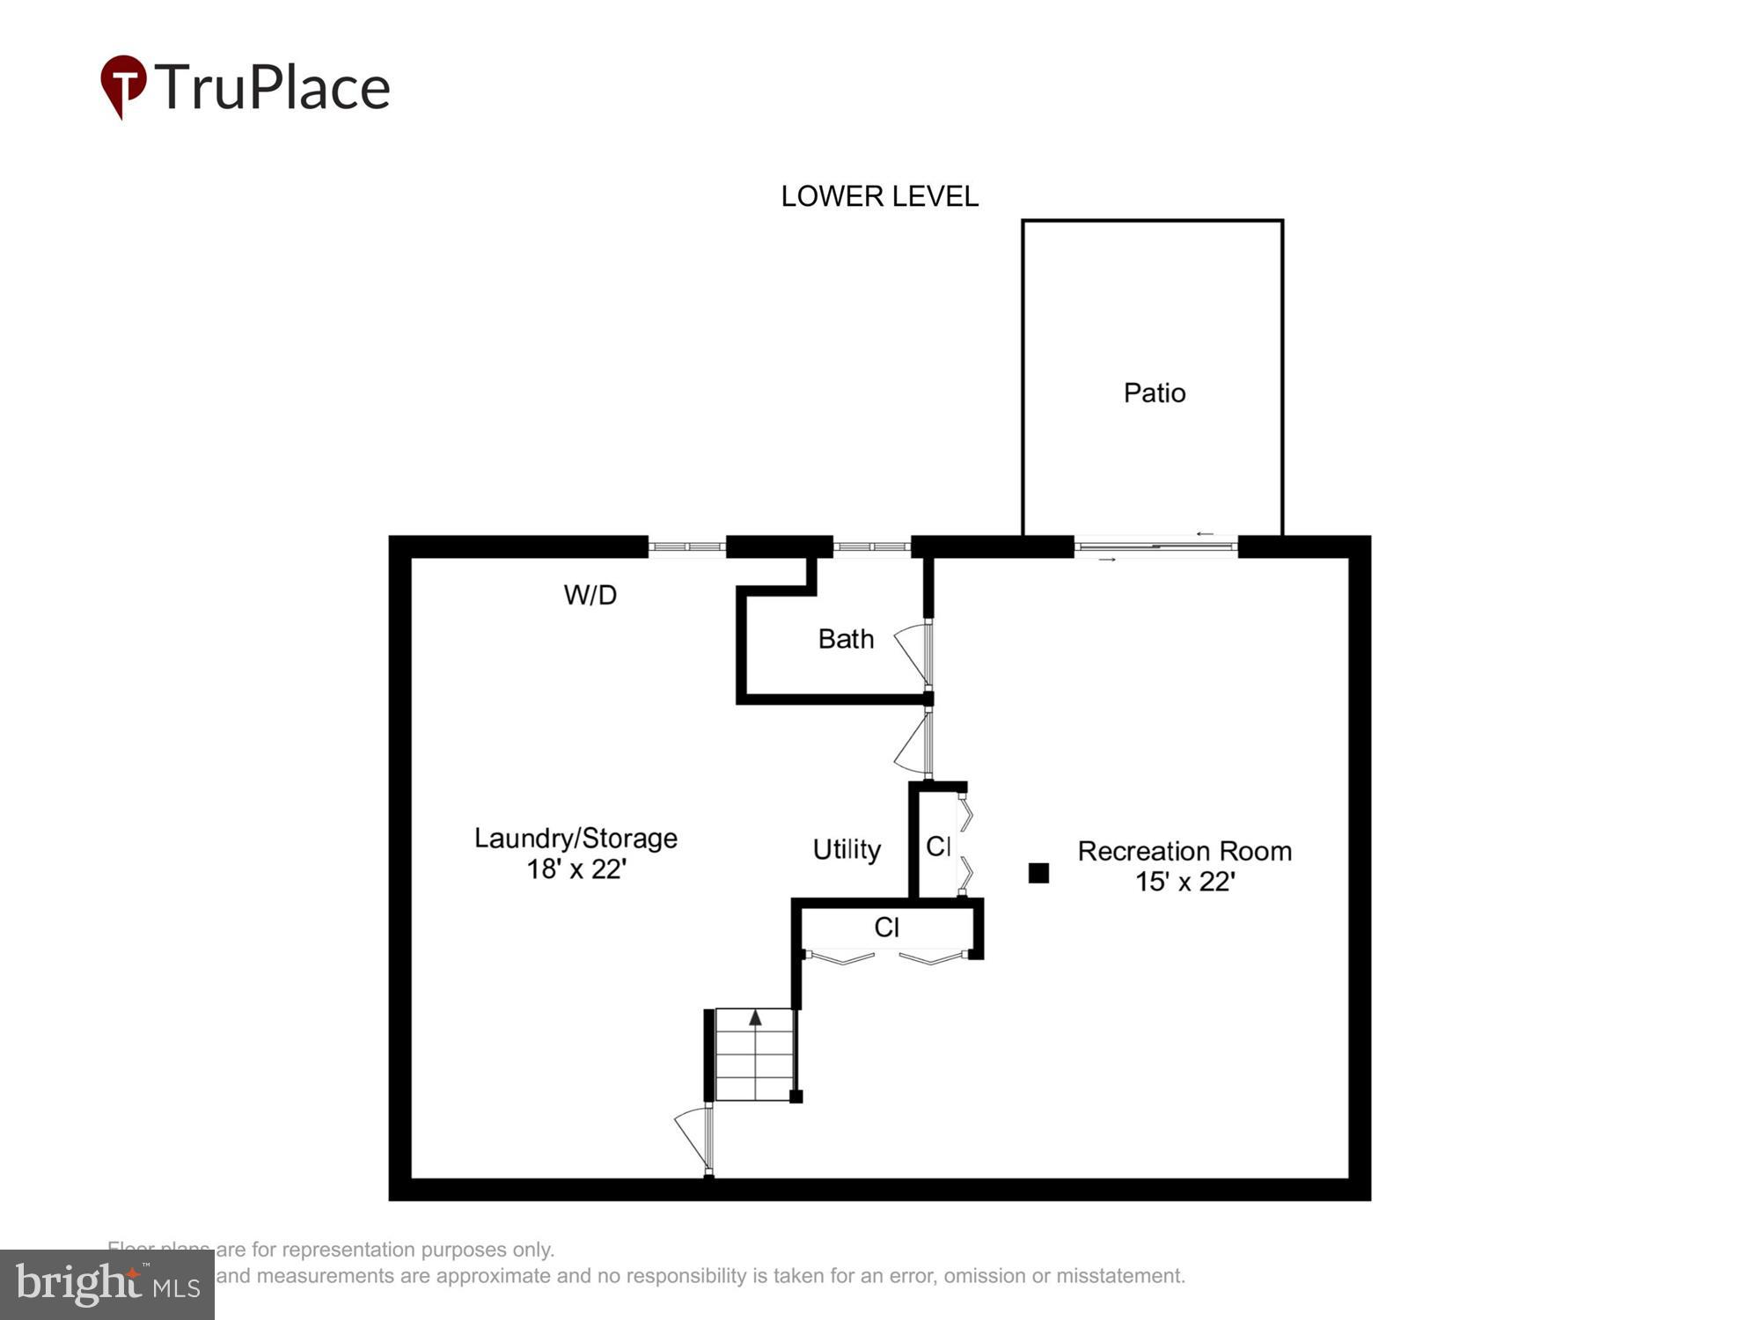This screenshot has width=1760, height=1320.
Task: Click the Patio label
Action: (x=1154, y=392)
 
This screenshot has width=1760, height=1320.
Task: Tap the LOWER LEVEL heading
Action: (x=879, y=196)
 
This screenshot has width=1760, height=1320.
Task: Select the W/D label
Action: (x=590, y=596)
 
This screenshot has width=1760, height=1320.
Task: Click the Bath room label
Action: (x=846, y=639)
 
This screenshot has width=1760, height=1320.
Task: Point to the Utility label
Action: (x=846, y=849)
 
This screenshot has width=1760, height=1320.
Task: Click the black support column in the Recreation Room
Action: (x=1038, y=873)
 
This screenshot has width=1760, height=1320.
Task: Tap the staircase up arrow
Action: (x=755, y=1018)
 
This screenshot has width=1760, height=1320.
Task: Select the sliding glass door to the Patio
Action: (x=1155, y=547)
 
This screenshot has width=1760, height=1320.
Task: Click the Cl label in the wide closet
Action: (x=886, y=928)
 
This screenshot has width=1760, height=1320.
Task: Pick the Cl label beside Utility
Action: (x=938, y=847)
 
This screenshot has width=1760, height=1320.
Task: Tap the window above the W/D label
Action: (x=687, y=547)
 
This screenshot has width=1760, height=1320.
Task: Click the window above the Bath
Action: (x=871, y=547)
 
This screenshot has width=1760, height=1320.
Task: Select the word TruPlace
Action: (x=273, y=88)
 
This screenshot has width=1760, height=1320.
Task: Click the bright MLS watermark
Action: (x=106, y=1285)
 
